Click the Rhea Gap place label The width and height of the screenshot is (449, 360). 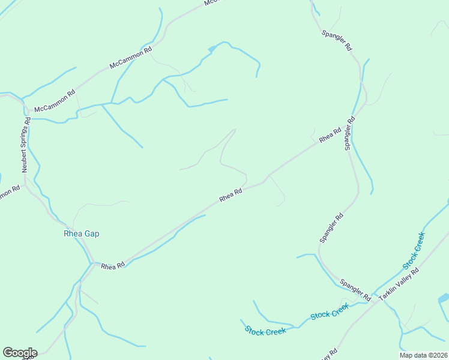pos(81,234)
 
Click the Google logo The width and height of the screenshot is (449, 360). pos(20,353)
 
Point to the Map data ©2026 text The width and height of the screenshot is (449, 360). pos(423,355)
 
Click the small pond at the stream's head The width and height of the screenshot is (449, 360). pos(211,48)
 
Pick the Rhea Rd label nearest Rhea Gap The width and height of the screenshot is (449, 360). pos(112,265)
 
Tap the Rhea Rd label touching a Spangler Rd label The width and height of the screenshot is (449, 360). pos(330,135)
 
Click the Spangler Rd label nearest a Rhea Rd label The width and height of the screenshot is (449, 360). pos(351,133)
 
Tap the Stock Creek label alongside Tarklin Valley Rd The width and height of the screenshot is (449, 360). pos(414,250)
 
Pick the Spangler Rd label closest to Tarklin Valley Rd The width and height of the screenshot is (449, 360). pos(355,289)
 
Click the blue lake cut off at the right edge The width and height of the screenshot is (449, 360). pos(444,298)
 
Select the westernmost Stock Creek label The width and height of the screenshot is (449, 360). pos(265,330)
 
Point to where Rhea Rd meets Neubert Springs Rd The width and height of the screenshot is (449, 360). pos(91,263)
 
